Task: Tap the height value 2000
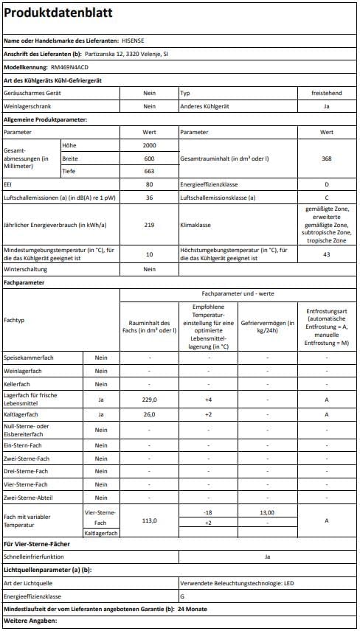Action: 149,145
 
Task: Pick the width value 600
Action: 149,158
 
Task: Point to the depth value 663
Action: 149,172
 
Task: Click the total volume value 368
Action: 326,158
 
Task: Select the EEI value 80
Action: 149,184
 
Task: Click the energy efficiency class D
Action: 326,184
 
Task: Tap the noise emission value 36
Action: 149,198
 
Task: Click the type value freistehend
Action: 326,94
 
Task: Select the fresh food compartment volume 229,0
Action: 149,400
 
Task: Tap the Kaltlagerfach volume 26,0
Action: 149,414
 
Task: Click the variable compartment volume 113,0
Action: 149,520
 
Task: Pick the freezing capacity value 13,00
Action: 267,512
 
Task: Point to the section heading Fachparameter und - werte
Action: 238,293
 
